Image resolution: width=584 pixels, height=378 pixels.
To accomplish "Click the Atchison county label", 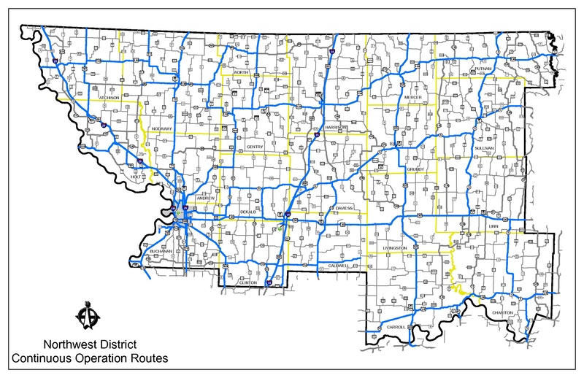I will (109, 97).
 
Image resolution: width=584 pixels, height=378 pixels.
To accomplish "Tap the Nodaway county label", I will (161, 128).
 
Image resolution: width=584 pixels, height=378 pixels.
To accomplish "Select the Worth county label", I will (242, 74).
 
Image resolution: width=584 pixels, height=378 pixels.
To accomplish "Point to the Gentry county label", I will (254, 147).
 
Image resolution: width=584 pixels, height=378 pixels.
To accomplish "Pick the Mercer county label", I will (414, 97).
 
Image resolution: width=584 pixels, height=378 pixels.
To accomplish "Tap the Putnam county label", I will (485, 69).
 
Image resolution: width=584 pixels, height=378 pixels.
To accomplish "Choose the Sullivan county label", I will (483, 148).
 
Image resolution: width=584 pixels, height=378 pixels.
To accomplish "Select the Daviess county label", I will (344, 207).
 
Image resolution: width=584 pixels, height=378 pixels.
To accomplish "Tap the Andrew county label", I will (206, 197).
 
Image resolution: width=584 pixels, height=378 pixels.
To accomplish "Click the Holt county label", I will (135, 176).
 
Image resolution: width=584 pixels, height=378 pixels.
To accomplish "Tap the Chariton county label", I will (503, 312).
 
